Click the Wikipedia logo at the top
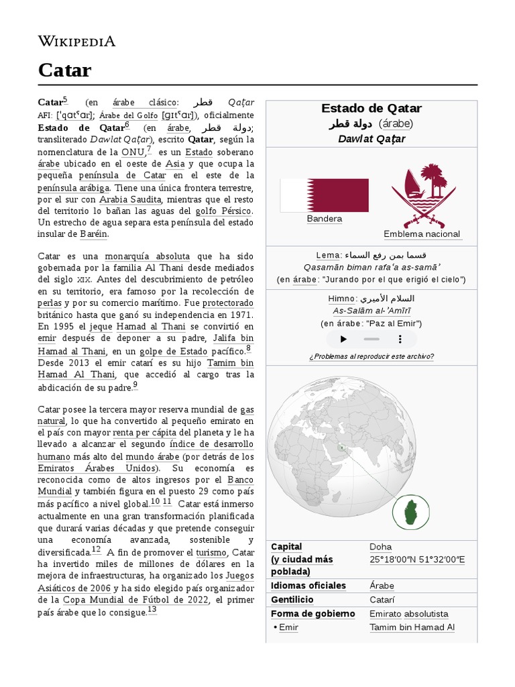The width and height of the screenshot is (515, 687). tap(76, 42)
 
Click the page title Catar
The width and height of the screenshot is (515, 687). tap(64, 70)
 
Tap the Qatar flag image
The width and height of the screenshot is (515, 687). tap(324, 195)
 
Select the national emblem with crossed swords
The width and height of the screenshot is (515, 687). tap(422, 197)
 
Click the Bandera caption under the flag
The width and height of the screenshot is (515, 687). tap(324, 219)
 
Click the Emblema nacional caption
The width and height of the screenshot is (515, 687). tap(422, 234)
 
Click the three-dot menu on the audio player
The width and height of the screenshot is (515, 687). tap(400, 339)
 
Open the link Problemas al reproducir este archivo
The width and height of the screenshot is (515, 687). tap(371, 356)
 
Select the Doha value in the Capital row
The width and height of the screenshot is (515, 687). tap(380, 547)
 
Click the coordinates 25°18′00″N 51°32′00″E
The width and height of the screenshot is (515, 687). tap(417, 560)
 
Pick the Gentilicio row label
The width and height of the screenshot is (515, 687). tap(292, 600)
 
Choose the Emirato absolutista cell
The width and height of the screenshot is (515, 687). tap(408, 614)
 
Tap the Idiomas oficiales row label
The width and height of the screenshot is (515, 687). tap(308, 586)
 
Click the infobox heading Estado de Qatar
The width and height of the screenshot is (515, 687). tap(371, 109)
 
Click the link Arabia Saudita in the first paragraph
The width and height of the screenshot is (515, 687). tap(130, 199)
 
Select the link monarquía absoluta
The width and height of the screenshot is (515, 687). tap(148, 256)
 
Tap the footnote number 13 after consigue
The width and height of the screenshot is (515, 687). tap(152, 610)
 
